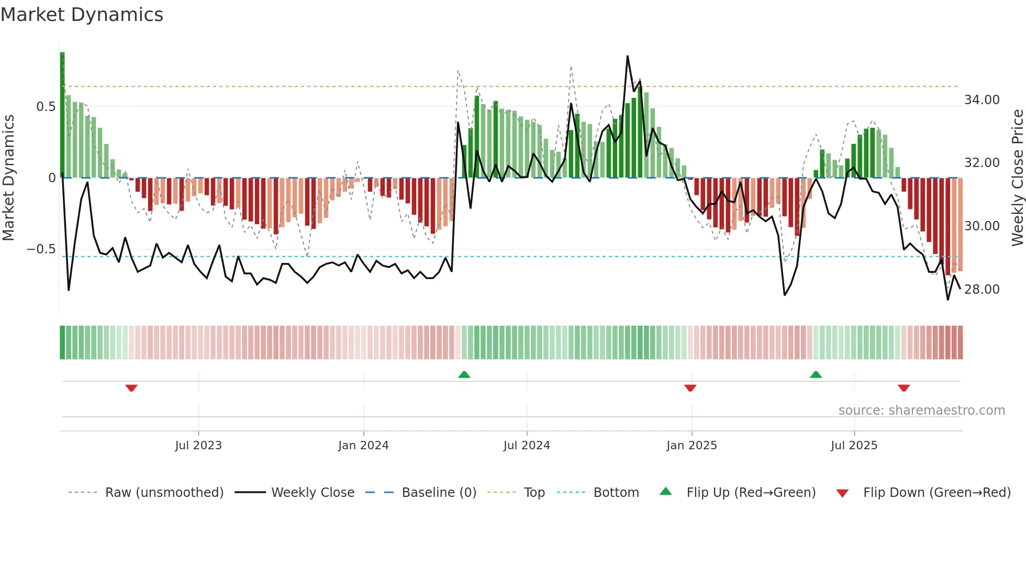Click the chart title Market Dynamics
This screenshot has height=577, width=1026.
click(82, 15)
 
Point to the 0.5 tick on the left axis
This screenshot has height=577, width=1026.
click(46, 107)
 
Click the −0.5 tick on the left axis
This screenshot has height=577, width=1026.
click(41, 249)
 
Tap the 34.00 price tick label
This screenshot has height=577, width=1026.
click(982, 100)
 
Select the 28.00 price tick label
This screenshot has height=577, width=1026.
click(982, 290)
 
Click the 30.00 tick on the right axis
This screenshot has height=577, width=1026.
click(982, 226)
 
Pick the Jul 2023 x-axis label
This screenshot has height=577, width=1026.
click(198, 446)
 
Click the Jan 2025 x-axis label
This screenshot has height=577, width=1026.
click(692, 446)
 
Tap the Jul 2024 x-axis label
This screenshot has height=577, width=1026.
click(527, 446)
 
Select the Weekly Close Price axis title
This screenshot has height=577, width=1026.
click(1017, 178)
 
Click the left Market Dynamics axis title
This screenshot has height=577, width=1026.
click(8, 178)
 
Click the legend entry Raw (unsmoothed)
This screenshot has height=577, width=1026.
click(164, 493)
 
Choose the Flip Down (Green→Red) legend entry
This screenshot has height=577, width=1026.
click(936, 493)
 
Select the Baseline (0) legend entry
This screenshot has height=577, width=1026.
click(439, 493)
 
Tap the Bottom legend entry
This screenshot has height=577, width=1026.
click(616, 493)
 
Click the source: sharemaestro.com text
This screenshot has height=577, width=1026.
click(921, 410)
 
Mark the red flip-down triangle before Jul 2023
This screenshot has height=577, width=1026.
click(131, 388)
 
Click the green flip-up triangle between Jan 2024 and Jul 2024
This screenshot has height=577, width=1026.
click(464, 374)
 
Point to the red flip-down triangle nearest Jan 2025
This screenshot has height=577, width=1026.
click(690, 388)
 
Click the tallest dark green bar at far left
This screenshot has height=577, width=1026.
click(62, 115)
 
